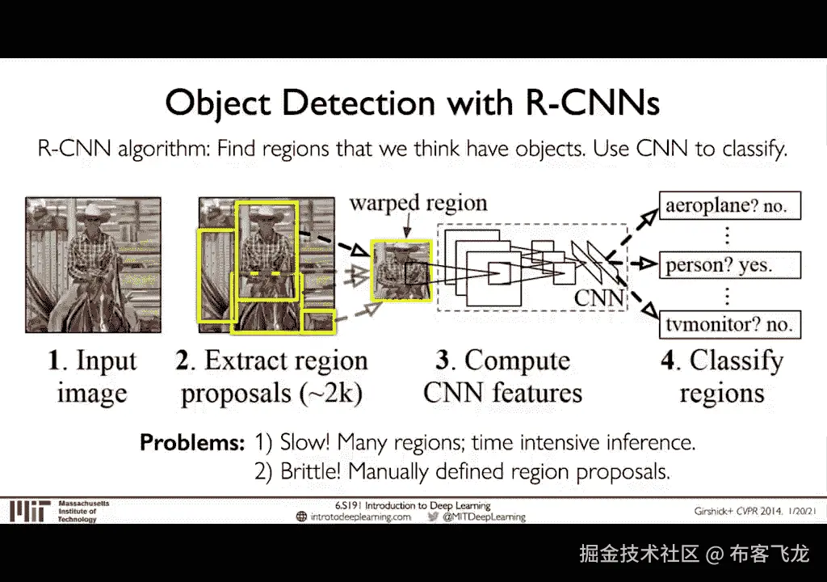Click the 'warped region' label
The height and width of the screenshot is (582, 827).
point(418,202)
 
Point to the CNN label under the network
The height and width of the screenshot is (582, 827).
point(598,298)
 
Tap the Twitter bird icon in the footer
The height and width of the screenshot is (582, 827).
point(433,517)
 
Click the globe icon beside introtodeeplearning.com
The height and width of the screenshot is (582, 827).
point(302,517)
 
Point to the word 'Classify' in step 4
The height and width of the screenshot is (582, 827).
point(737,361)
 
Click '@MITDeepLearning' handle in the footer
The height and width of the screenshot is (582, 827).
point(484,517)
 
